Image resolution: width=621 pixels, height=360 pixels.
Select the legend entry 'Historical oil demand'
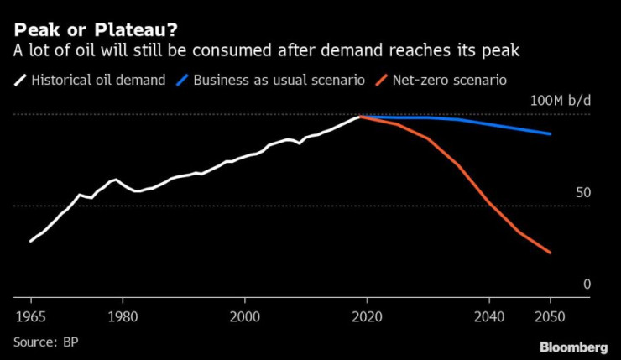click(99, 81)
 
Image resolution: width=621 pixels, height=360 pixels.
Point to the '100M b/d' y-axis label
click(560, 102)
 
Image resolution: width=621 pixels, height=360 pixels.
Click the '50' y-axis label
click(583, 192)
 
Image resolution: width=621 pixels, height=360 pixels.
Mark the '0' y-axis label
click(587, 284)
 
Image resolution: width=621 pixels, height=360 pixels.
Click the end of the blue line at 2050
click(551, 133)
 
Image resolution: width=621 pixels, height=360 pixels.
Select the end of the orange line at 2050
click(551, 253)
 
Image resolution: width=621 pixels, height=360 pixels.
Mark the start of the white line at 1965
click(31, 241)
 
